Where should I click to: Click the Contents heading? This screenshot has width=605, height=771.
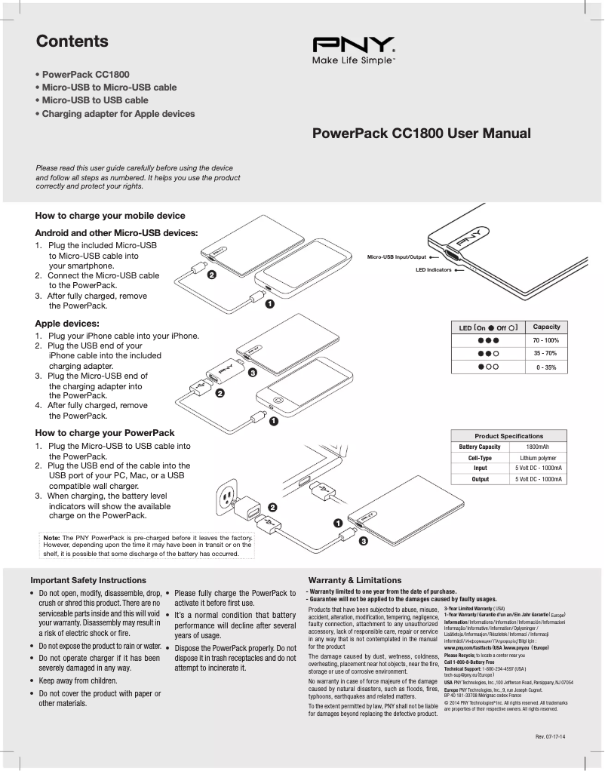click(72, 41)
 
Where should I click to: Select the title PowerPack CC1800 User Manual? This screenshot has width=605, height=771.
click(422, 134)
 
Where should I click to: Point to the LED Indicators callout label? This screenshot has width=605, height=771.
click(433, 269)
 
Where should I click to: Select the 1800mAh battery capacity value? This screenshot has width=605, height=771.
click(537, 447)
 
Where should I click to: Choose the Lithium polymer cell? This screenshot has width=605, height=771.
click(538, 457)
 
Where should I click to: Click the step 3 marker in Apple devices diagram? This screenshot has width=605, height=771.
click(253, 373)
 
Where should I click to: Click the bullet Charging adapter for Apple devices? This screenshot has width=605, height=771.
click(118, 114)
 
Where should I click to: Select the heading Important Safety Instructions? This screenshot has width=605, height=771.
click(88, 580)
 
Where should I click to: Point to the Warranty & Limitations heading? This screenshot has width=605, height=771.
click(355, 580)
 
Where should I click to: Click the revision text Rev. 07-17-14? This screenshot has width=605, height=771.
click(550, 736)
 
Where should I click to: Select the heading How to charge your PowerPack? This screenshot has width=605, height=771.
click(105, 433)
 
